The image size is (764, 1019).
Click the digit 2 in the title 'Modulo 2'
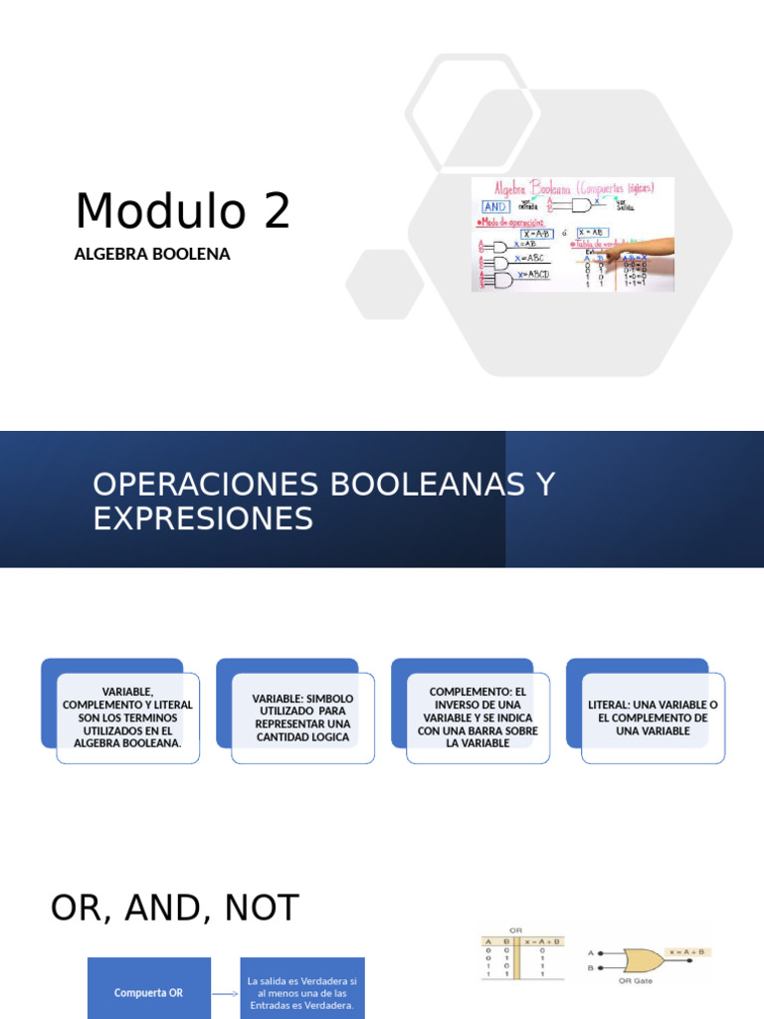coord(276,211)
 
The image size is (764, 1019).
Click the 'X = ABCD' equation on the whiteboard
coord(530,275)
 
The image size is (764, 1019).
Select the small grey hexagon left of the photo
coord(385,284)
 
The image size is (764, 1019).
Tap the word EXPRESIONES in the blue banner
coord(203,518)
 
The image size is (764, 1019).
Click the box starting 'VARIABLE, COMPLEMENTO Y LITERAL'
coord(127,717)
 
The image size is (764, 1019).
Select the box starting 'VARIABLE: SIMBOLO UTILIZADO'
coord(302,717)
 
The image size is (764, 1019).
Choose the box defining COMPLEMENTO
coord(477,717)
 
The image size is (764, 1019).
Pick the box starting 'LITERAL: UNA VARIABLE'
coord(653,717)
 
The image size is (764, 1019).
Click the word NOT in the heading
coord(261,908)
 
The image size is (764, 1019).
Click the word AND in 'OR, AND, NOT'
coord(174,908)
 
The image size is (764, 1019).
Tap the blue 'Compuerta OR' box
coord(149,992)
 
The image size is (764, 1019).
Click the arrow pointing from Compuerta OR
coord(226,992)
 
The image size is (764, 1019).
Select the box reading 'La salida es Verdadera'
coord(302,988)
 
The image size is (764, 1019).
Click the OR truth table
coord(521,956)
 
